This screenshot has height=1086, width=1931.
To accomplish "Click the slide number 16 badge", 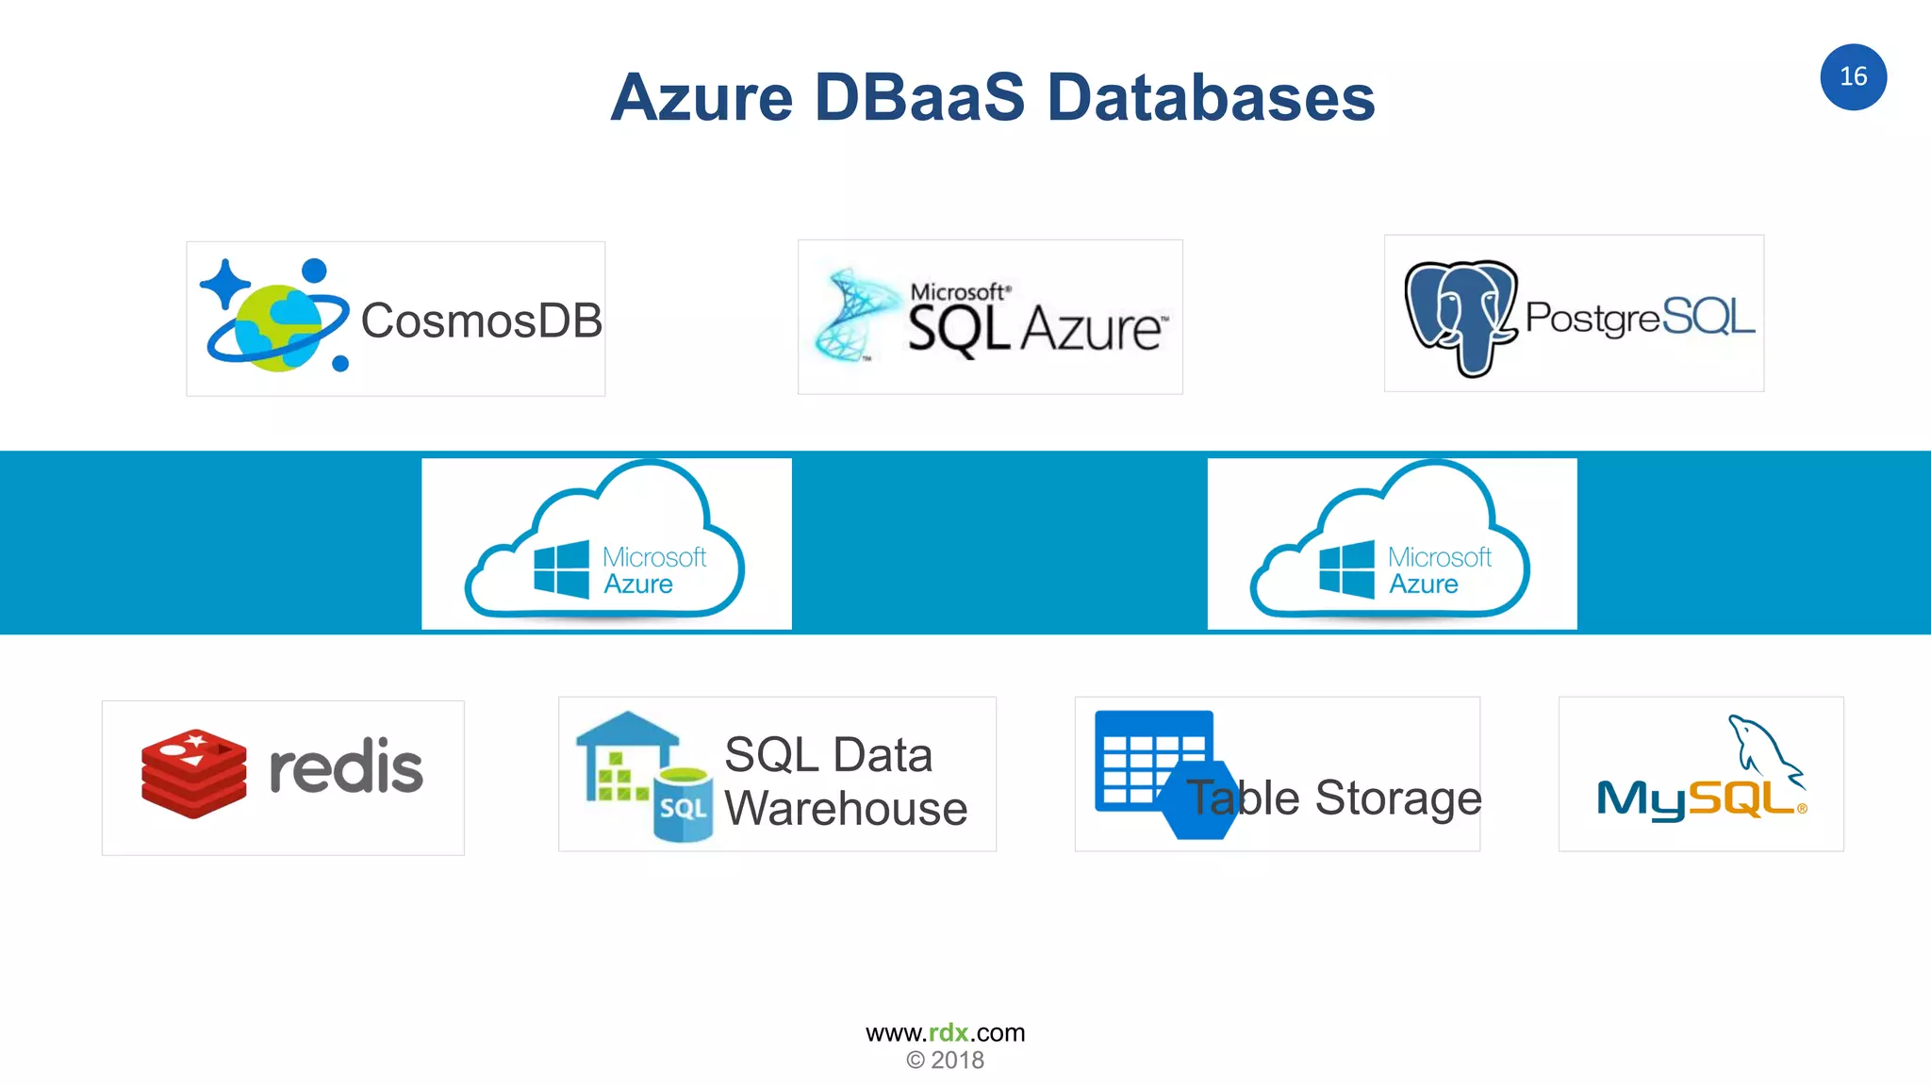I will (1853, 77).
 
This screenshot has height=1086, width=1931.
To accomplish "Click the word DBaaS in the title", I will (918, 98).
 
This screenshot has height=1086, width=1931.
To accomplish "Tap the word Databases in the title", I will (1211, 98).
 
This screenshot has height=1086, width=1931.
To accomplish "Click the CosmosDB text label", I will (481, 321).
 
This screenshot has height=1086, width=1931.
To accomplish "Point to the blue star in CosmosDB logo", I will (223, 283).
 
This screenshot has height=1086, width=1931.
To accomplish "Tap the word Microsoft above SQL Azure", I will (958, 292).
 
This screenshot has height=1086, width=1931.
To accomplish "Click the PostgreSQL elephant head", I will (1461, 316).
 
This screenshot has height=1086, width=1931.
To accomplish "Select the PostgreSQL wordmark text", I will (1640, 318).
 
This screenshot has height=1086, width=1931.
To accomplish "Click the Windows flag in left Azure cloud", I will (561, 569).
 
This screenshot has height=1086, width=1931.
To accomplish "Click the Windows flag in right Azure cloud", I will (1346, 569).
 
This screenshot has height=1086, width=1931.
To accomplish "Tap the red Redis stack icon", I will (194, 773).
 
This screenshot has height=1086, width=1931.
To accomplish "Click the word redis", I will (346, 767).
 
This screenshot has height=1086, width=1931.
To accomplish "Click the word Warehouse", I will (846, 809).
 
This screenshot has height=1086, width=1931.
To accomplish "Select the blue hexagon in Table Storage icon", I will (1198, 800).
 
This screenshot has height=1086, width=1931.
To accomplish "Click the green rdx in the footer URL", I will (949, 1033).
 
